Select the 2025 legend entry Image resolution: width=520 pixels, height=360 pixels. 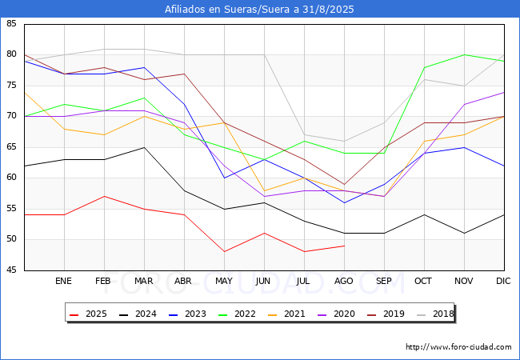(88, 314)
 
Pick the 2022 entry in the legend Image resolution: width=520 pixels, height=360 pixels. (237, 314)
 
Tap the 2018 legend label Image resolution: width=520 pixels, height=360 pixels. (435, 314)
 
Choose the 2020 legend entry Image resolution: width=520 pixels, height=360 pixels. (336, 314)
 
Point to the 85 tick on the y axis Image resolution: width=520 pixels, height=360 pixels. (11, 23)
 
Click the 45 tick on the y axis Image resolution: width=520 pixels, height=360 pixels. (11, 270)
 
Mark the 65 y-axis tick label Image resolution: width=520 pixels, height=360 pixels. (11, 147)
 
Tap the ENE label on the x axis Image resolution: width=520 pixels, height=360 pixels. (63, 281)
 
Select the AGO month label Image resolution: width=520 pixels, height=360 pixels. (343, 281)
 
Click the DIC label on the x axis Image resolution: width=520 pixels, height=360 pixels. (503, 281)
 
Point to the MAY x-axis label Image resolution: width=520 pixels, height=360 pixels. (224, 281)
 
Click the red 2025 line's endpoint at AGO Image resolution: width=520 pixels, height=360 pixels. (345, 246)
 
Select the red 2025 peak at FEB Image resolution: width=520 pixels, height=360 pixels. (105, 196)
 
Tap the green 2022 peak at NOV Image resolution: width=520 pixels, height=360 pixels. (464, 54)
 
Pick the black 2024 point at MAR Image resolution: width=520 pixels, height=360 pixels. (144, 147)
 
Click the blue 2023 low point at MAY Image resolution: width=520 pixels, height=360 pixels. (225, 178)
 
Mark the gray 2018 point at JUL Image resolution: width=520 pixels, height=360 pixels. (305, 134)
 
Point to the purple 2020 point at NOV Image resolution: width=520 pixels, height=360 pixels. (464, 104)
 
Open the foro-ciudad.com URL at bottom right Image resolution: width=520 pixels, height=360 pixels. (458, 347)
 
